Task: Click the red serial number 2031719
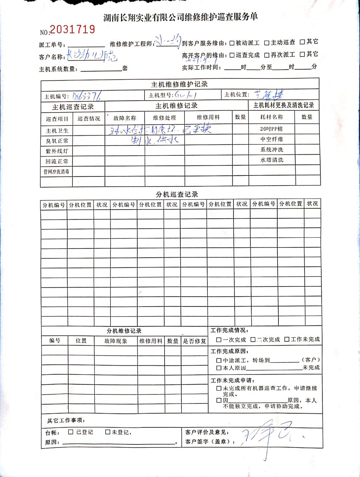72,29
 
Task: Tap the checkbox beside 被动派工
232,43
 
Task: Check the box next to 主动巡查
267,43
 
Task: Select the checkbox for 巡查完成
232,55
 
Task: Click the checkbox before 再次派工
267,55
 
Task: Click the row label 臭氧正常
57,141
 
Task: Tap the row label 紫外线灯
57,151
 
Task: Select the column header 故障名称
124,118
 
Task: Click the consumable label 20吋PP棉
271,129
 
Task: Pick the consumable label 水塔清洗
271,160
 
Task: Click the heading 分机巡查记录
177,194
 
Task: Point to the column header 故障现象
116,341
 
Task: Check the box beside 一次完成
219,340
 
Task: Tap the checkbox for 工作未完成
287,340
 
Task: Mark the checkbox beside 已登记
71,432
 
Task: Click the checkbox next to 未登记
108,432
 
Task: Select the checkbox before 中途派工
219,360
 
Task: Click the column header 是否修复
194,341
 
